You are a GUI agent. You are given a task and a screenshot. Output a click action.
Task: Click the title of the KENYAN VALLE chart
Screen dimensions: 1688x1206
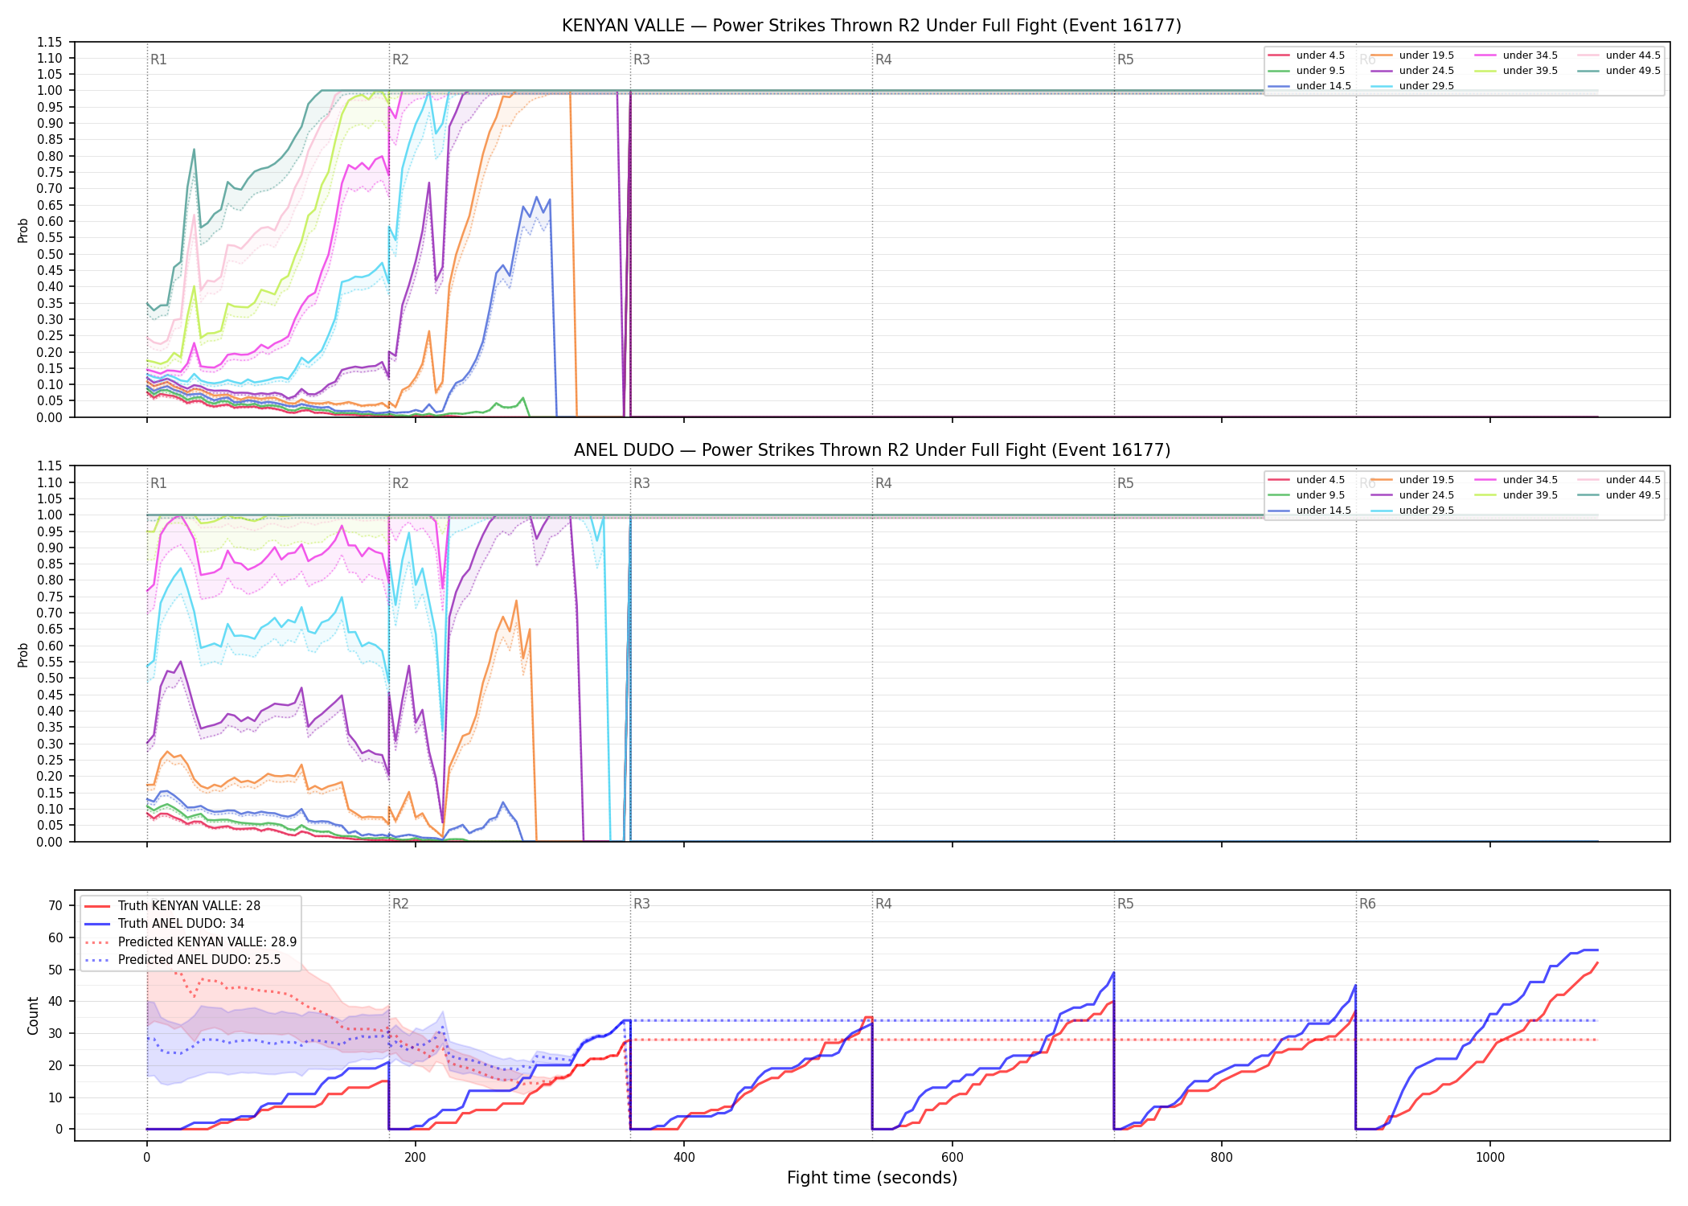(x=871, y=26)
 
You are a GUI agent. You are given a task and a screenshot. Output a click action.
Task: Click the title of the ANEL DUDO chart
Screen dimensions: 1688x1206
(x=871, y=450)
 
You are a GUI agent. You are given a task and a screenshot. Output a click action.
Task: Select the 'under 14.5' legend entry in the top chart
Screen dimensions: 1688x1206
(x=1309, y=86)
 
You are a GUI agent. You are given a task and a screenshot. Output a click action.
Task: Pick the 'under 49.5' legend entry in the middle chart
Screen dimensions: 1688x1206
(x=1619, y=495)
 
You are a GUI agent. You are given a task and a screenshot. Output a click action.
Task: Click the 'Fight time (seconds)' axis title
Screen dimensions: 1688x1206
(x=872, y=1178)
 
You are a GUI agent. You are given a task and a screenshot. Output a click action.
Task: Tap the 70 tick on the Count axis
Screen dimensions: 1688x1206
(x=55, y=905)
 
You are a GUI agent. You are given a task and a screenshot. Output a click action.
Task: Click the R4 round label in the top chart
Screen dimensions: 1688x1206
(x=883, y=59)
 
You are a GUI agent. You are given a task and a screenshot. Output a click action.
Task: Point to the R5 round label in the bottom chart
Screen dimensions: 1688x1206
(x=1125, y=904)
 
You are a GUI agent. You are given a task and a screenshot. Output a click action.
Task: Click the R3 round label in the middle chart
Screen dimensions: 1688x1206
(x=641, y=483)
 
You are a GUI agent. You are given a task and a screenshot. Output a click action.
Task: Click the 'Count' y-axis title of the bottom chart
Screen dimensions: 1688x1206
(x=33, y=1015)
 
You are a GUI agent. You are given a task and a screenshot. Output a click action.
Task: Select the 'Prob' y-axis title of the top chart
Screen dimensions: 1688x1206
(x=23, y=230)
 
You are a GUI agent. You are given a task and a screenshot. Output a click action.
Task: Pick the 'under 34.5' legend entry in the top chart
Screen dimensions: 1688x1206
(x=1516, y=55)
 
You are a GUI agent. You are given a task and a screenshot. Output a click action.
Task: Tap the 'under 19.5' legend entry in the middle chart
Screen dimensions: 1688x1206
(x=1412, y=480)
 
